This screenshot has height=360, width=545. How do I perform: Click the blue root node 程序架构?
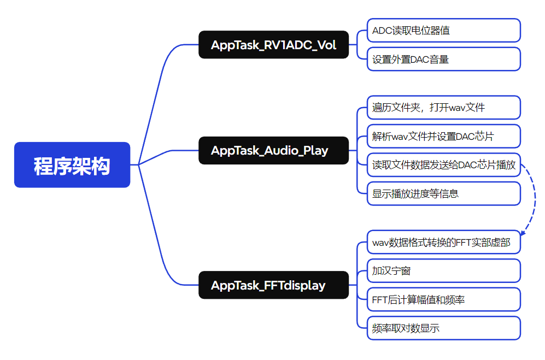(x=72, y=165)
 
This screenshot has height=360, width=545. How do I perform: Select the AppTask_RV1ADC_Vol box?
(x=273, y=45)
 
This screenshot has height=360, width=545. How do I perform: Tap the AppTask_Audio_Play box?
(x=273, y=150)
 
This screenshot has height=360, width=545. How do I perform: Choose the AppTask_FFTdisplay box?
(x=273, y=285)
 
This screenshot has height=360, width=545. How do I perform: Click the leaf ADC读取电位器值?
(x=443, y=31)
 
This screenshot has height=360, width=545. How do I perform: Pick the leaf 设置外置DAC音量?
(x=443, y=59)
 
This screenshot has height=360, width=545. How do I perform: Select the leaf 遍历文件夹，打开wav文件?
(x=443, y=108)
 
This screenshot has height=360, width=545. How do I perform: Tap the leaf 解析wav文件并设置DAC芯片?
(x=443, y=136)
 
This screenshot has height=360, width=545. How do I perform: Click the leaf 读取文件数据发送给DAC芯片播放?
(x=443, y=165)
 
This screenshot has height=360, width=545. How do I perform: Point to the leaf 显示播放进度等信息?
(x=443, y=193)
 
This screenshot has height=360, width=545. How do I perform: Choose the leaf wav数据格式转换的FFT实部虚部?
(x=443, y=242)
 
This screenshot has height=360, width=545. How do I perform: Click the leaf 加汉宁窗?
(x=443, y=271)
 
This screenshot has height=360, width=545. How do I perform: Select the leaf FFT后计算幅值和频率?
(x=443, y=299)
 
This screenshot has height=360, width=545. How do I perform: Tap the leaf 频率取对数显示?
(x=443, y=328)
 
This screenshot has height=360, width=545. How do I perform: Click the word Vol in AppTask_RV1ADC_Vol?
(x=326, y=45)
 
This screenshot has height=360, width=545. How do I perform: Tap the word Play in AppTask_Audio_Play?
(x=315, y=150)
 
